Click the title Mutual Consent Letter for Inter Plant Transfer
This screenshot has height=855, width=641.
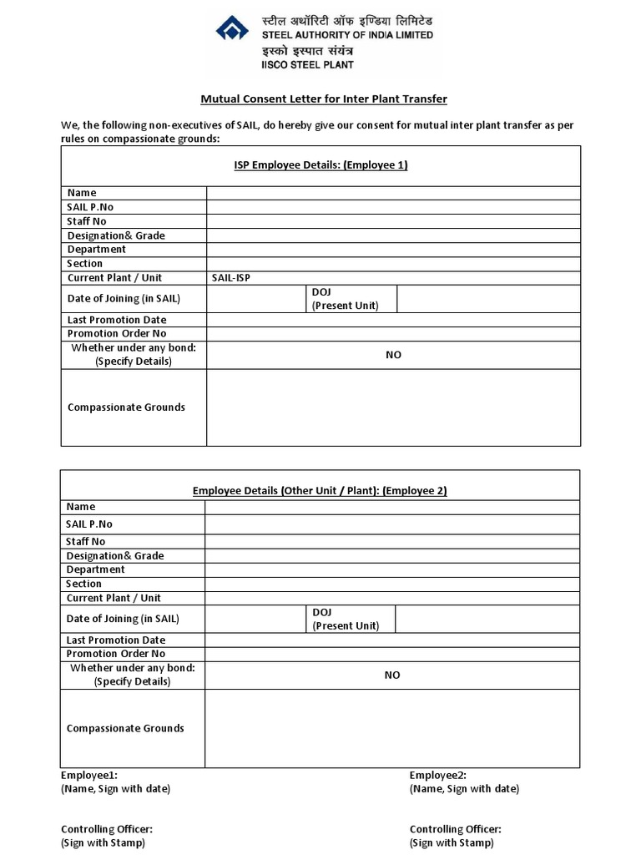coord(324,99)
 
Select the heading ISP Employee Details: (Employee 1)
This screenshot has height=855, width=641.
coord(320,165)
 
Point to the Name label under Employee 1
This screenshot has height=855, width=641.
coord(82,193)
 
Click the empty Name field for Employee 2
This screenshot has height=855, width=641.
coord(392,507)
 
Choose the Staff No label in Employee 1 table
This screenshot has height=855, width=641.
coord(87,221)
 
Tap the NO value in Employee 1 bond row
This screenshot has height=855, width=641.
coord(393,355)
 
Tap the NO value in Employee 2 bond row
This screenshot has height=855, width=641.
coord(392,675)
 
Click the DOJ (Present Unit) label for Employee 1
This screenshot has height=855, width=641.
coord(345,299)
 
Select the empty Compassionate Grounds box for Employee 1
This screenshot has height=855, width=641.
coord(393,407)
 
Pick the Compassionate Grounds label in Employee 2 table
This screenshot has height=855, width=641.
coord(125,728)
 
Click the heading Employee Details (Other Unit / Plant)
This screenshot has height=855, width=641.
coord(320,491)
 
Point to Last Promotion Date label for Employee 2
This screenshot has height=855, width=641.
coord(116,640)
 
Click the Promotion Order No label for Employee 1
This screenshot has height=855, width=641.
coord(116,334)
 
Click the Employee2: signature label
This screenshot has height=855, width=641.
coord(437,776)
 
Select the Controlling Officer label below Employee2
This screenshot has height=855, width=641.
coord(455,829)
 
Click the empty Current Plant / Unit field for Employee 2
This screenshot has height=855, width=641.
coord(392,598)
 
